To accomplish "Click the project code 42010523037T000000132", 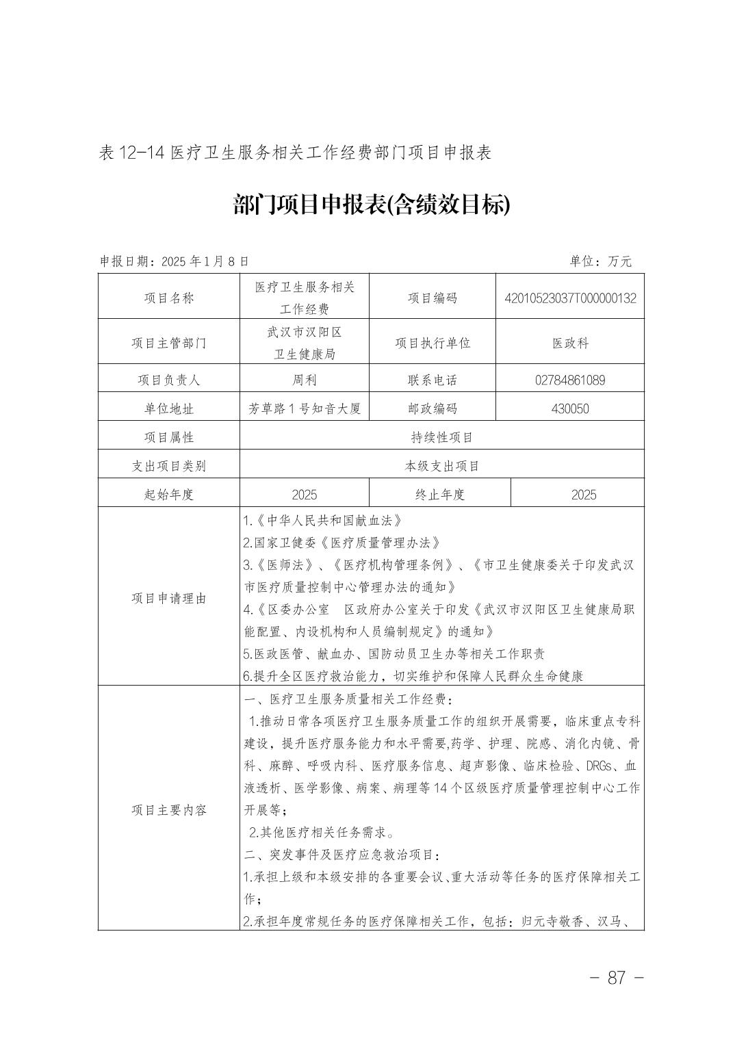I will click(570, 298).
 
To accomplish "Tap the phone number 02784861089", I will click(570, 380).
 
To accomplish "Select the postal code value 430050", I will click(570, 408).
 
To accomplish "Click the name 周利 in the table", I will click(304, 380).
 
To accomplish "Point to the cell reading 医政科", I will click(570, 343).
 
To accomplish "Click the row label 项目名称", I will click(168, 298).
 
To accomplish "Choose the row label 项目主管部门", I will click(168, 343).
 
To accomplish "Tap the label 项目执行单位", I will click(432, 343).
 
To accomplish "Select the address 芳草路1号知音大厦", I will click(304, 408).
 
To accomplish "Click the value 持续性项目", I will click(441, 437).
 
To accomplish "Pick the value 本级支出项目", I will click(441, 466).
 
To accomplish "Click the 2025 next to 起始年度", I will click(304, 495).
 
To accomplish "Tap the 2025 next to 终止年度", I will click(583, 495).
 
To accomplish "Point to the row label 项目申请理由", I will click(168, 598).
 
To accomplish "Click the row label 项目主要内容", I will click(168, 810).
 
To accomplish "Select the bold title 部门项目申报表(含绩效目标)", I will click(372, 204).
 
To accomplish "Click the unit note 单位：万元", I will click(600, 261).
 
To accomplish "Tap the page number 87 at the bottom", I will click(616, 977).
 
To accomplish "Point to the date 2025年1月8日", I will click(204, 261).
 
